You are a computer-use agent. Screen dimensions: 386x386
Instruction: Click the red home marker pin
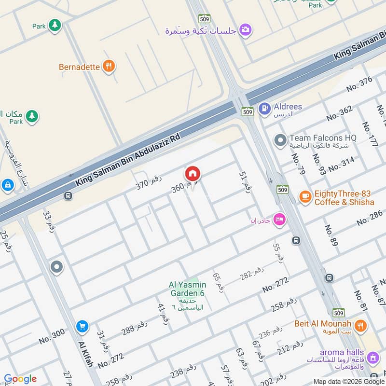point(193,174)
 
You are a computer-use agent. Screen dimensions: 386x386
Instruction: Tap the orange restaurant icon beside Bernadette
point(109,67)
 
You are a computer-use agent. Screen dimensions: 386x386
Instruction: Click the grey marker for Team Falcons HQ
point(280,140)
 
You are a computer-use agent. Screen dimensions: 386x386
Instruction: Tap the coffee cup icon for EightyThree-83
point(305,196)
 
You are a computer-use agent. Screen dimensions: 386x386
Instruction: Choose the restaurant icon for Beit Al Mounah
point(359,326)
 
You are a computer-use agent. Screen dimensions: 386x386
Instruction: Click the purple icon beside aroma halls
point(372,358)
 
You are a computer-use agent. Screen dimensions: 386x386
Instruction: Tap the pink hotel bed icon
point(279,220)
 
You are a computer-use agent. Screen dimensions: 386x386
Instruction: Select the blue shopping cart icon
point(82,327)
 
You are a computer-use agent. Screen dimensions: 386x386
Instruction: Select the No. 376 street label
point(359,84)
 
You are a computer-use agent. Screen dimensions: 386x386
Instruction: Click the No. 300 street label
point(52,336)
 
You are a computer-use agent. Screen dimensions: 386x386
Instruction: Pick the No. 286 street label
point(370,219)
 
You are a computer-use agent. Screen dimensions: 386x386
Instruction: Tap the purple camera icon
point(246,30)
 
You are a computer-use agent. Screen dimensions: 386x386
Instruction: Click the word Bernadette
point(79,67)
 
